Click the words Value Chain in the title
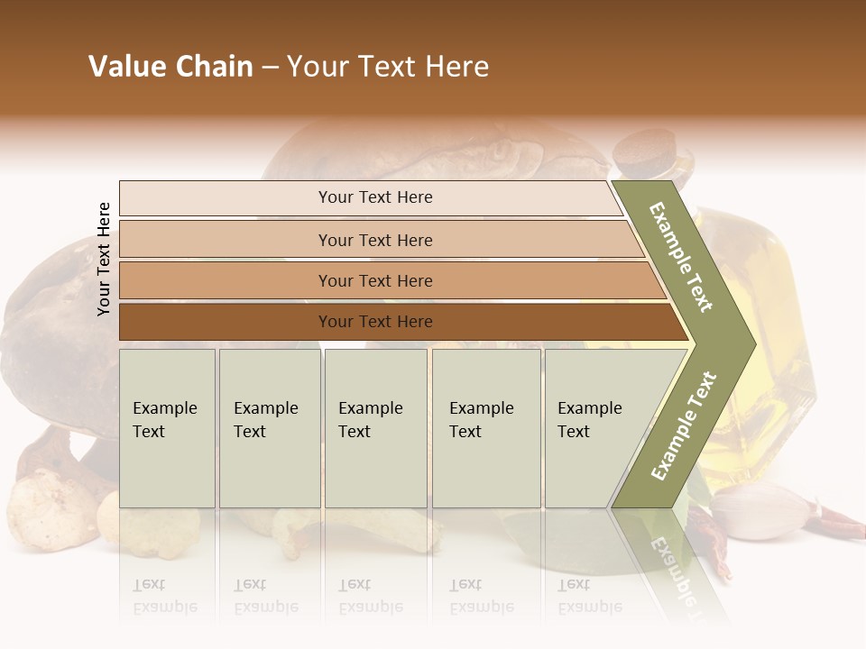170,67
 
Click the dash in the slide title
270,68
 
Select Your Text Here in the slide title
388,67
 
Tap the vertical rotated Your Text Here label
104,259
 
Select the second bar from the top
375,240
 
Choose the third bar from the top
375,280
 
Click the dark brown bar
375,322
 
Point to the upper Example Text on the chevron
681,257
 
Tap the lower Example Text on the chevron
684,425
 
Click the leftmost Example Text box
167,428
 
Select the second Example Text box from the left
269,428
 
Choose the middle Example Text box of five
375,428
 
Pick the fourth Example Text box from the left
485,428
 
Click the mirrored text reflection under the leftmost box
164,595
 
